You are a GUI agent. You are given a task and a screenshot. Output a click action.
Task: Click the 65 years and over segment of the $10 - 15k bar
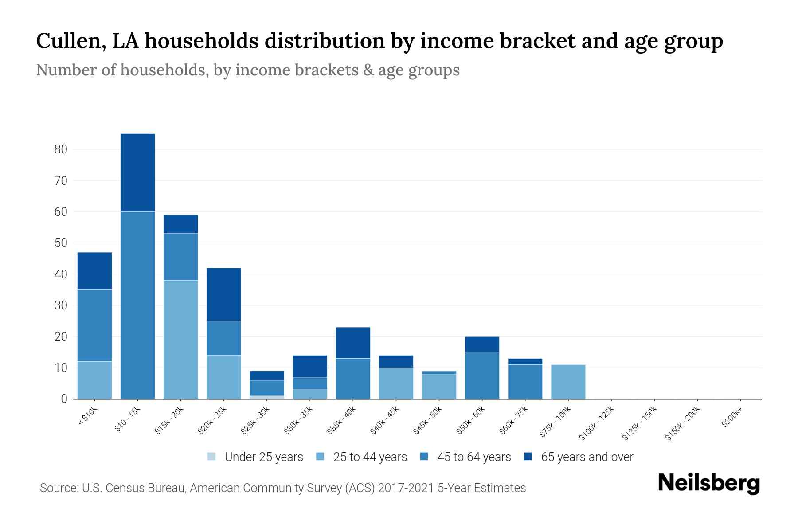[137, 172]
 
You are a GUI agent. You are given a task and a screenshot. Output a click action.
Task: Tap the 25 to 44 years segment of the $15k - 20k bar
[180, 340]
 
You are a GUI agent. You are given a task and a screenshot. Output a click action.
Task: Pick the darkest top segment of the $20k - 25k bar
[223, 294]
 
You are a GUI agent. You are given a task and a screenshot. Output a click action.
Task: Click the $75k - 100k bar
[568, 382]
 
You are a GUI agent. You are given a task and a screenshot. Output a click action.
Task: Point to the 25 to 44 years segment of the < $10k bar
[94, 380]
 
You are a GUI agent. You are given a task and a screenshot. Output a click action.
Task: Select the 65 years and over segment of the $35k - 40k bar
[353, 343]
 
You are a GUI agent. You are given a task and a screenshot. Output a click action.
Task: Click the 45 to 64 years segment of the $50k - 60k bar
[482, 376]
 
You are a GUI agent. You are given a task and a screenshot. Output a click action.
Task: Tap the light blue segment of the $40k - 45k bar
[396, 383]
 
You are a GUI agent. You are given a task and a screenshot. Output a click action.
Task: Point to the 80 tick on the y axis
[61, 149]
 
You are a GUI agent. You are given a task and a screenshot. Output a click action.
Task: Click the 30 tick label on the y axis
[61, 305]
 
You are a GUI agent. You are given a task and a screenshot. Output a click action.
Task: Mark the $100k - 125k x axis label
[597, 424]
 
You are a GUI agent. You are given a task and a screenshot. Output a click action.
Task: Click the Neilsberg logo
[708, 483]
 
